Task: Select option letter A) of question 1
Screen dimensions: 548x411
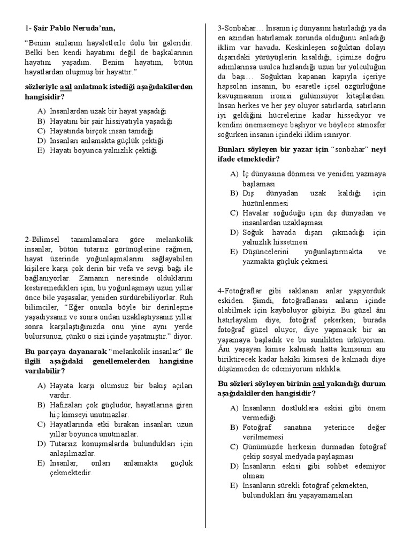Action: [41, 111]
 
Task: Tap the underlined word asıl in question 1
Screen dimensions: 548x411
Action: [66, 87]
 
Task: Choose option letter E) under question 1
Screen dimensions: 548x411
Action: [41, 151]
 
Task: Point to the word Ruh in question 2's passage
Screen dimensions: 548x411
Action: [185, 298]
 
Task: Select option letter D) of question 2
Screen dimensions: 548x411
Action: [41, 444]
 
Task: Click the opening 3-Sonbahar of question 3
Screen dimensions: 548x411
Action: [237, 28]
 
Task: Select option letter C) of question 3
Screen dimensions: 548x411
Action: [234, 213]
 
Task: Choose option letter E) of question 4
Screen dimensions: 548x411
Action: [234, 485]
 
